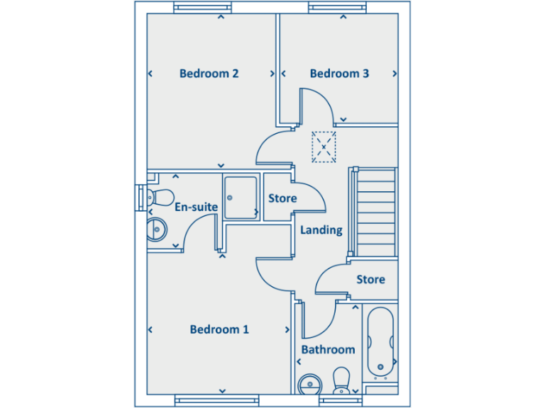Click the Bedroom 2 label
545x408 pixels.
(x=209, y=73)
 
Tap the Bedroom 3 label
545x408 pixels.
(x=339, y=73)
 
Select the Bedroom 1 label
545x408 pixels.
(x=219, y=329)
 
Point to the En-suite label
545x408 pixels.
(x=196, y=207)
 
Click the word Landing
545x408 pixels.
(x=321, y=229)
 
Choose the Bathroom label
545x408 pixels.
(x=328, y=350)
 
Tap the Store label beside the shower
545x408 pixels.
(x=282, y=198)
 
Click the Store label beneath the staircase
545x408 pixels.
(x=370, y=279)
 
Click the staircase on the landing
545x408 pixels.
(x=374, y=211)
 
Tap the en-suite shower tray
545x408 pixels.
(x=240, y=198)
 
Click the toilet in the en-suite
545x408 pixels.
(x=159, y=196)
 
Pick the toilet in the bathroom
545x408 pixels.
(x=341, y=380)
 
